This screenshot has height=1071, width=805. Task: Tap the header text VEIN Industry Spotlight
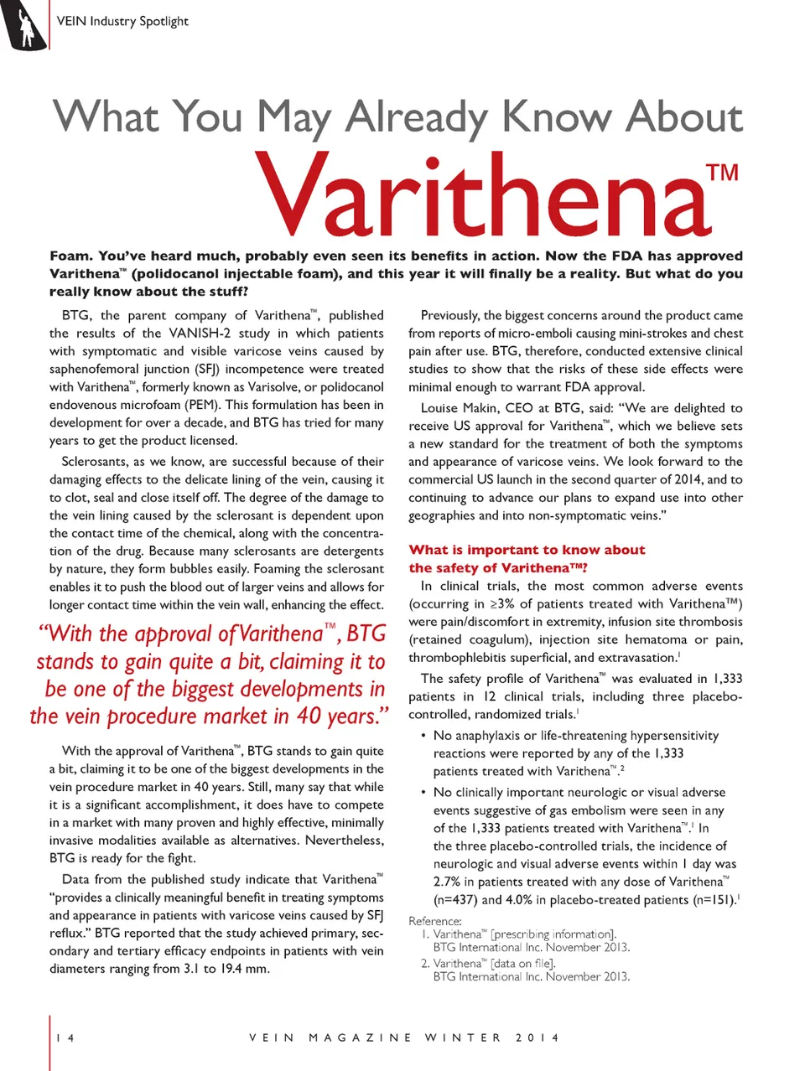click(x=122, y=21)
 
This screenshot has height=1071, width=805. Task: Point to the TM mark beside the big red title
click(x=722, y=173)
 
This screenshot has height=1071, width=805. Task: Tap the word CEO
click(x=522, y=408)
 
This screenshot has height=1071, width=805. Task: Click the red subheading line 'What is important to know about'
click(x=527, y=550)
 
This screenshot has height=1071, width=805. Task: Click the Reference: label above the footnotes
click(x=435, y=921)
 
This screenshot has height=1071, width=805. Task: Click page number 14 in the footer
click(x=65, y=1037)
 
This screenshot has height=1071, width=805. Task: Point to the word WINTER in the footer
click(x=463, y=1037)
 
